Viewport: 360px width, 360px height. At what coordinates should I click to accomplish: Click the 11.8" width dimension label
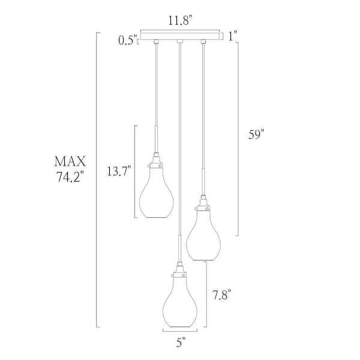click(179, 20)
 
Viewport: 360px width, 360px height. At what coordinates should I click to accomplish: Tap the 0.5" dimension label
click(127, 41)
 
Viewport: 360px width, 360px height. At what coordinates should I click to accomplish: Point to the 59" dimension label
click(256, 136)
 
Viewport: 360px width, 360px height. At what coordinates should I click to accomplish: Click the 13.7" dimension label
click(119, 172)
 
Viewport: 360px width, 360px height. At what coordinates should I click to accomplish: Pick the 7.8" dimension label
click(222, 295)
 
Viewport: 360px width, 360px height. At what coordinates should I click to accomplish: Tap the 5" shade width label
click(181, 343)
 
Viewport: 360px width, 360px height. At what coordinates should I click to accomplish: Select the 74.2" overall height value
click(70, 178)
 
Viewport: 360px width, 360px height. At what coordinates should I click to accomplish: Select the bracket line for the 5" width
click(181, 331)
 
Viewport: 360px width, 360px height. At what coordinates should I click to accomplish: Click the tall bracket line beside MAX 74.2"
click(97, 180)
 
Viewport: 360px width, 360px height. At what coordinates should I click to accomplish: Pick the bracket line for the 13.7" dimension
click(136, 172)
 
